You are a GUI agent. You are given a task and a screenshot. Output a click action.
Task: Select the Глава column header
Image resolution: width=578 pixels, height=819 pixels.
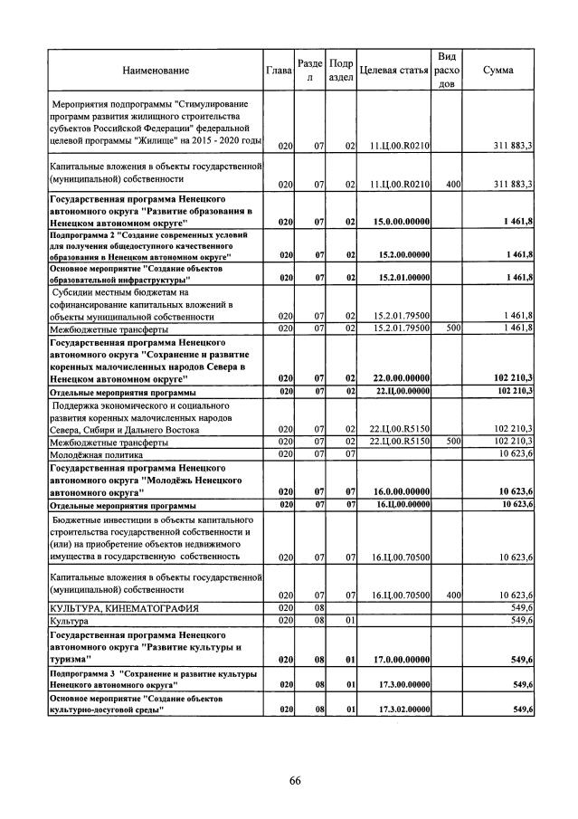click(279, 70)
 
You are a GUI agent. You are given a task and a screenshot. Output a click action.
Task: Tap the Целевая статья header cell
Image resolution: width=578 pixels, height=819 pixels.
click(393, 70)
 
